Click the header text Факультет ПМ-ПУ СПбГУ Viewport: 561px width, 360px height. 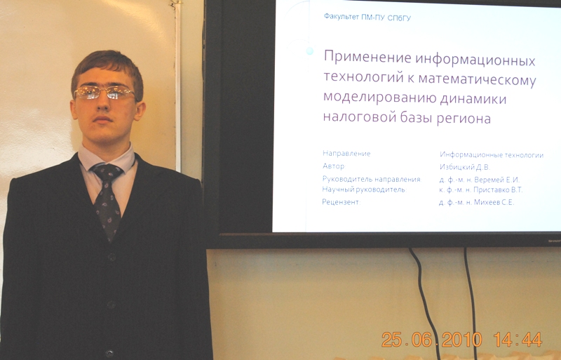click(x=367, y=17)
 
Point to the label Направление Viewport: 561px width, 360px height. click(x=346, y=154)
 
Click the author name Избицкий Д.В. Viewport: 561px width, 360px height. click(x=464, y=167)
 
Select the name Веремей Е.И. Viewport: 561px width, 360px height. click(x=496, y=180)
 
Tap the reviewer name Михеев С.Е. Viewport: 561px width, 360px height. click(x=494, y=202)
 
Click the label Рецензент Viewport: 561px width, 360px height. click(x=341, y=202)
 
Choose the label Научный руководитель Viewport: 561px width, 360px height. click(x=364, y=189)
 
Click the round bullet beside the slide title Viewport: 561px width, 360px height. click(x=310, y=51)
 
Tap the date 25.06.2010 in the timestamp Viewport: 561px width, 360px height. click(x=431, y=339)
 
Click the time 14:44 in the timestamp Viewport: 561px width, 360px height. click(x=518, y=339)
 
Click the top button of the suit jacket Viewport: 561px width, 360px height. click(x=111, y=257)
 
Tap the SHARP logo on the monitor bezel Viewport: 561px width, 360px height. click(x=554, y=241)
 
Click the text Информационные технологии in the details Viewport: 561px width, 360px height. click(x=492, y=155)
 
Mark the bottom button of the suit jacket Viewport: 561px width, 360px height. click(x=109, y=354)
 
